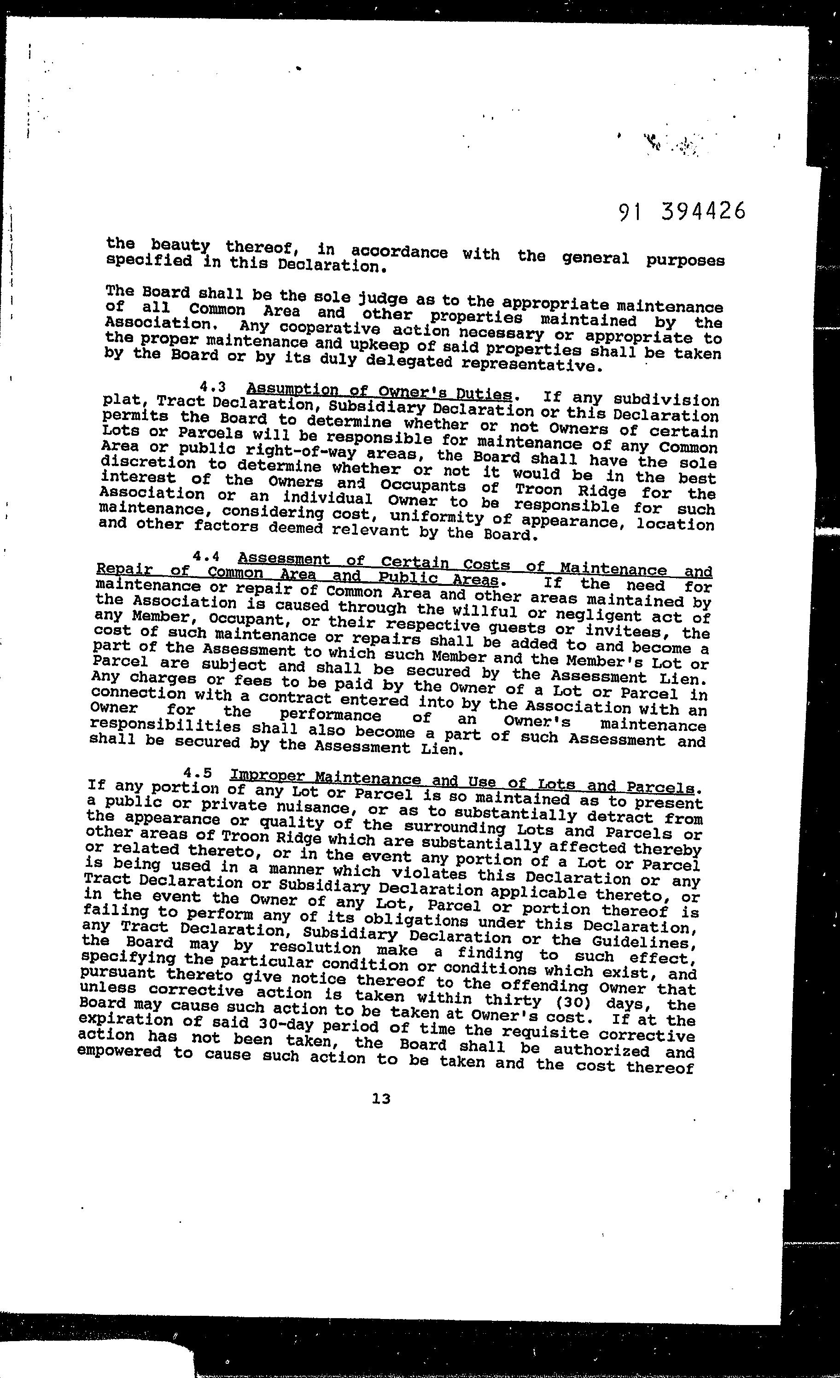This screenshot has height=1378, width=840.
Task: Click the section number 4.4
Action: click(204, 557)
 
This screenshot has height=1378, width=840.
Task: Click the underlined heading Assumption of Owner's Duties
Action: click(379, 391)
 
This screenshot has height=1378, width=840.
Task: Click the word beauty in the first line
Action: click(180, 245)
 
